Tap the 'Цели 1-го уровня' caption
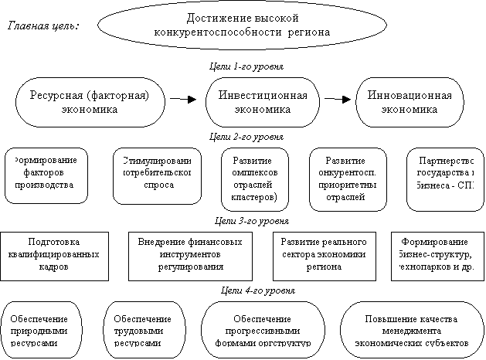246,67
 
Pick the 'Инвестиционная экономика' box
263,101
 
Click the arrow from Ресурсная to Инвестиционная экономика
182,100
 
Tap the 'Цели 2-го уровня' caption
246,136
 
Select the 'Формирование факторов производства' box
47,173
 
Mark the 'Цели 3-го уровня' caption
246,221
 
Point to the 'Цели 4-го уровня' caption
246,290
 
